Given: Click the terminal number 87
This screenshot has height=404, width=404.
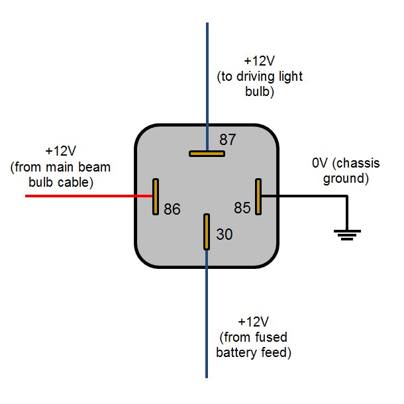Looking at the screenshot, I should click(x=228, y=140).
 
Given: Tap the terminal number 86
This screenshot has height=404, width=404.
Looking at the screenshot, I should click(x=172, y=209).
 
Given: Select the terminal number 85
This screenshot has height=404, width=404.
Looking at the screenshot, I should click(x=242, y=208).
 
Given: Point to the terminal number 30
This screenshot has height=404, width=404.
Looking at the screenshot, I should click(x=225, y=234).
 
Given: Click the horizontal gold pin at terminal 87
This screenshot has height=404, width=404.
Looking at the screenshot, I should click(x=207, y=154).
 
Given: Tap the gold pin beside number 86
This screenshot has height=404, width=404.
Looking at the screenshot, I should click(x=156, y=196).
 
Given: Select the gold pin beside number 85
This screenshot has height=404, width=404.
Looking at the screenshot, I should click(x=259, y=196).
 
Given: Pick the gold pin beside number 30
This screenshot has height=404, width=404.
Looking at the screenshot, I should click(x=207, y=232).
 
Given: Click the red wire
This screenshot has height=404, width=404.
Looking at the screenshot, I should click(x=86, y=196).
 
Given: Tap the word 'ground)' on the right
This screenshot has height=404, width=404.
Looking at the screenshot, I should click(x=344, y=179).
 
